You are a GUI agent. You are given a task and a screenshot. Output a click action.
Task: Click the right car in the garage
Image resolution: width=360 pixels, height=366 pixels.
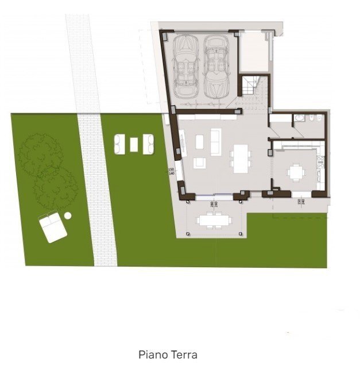click(x=216, y=66)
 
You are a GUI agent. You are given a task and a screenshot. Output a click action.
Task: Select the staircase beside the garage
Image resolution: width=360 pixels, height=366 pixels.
click(x=250, y=87)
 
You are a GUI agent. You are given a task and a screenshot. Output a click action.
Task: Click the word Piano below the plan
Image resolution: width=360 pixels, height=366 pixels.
click(x=151, y=355)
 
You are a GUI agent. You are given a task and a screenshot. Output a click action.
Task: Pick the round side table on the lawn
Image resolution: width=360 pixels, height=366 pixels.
click(x=68, y=215)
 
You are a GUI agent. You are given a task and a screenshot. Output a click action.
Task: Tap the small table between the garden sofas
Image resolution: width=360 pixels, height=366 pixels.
click(x=134, y=144)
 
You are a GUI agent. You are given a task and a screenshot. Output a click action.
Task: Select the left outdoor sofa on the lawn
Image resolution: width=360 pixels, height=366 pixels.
click(x=120, y=144)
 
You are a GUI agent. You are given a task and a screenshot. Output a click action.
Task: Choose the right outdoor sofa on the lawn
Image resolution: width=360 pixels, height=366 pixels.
click(x=148, y=144)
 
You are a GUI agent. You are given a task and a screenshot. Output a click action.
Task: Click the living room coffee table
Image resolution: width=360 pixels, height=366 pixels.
click(x=199, y=140)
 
